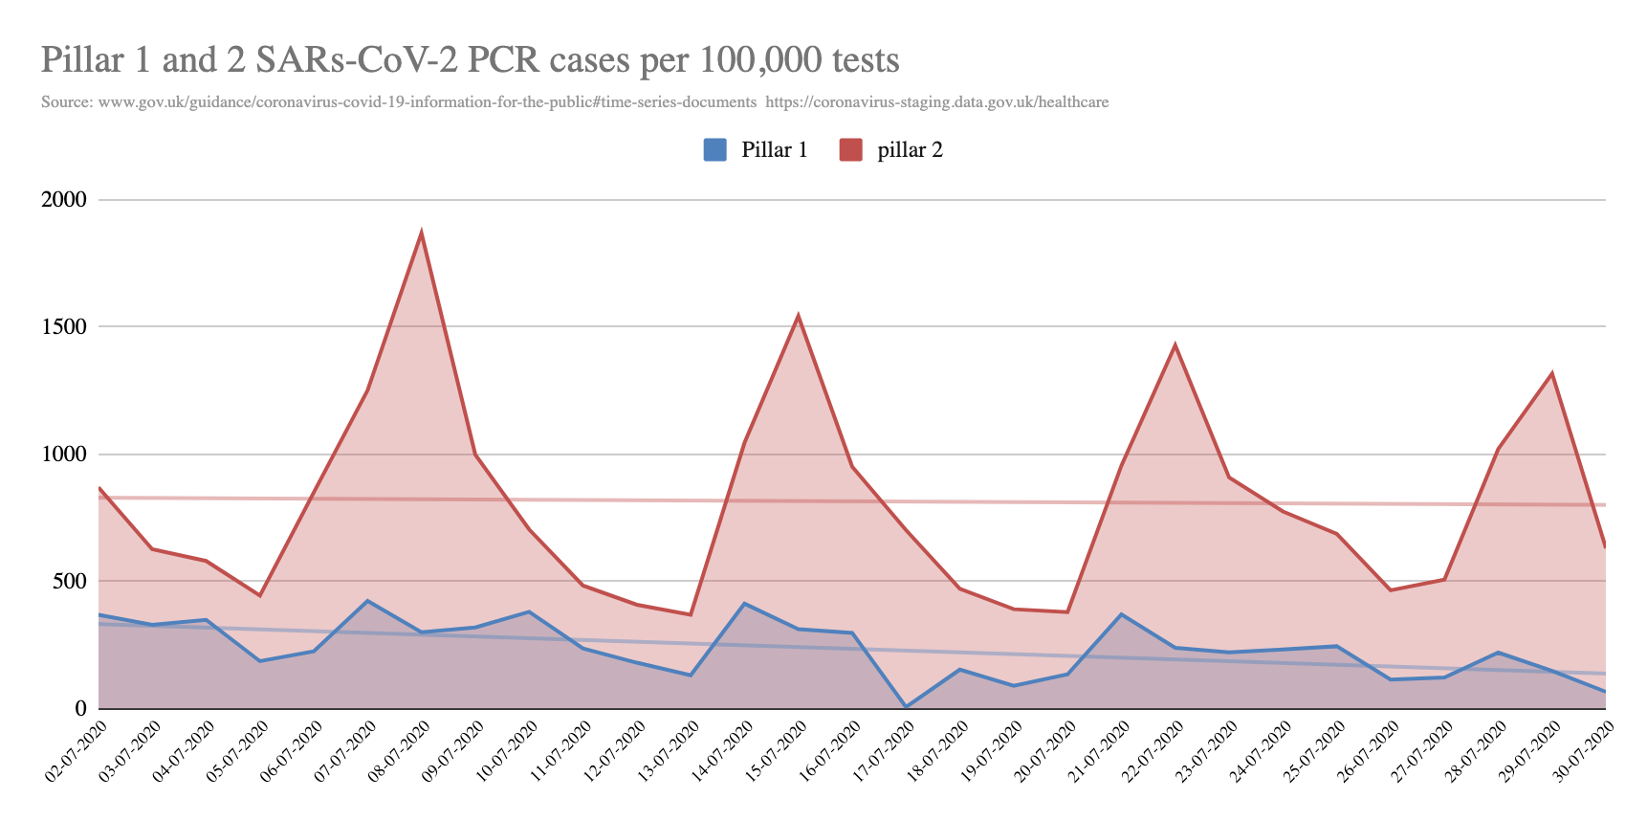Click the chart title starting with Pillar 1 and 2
[x=470, y=60]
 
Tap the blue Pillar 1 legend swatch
[x=714, y=150]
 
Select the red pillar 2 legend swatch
[x=851, y=150]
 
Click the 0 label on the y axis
[x=81, y=709]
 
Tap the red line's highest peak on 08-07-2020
[x=421, y=233]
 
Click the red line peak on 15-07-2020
[x=798, y=316]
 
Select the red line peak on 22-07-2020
[x=1175, y=344]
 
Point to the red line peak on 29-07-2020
[x=1551, y=373]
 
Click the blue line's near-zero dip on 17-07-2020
[x=906, y=707]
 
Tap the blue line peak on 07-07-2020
[x=367, y=601]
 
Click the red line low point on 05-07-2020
[x=259, y=596]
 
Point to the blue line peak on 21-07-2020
[x=1121, y=614]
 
